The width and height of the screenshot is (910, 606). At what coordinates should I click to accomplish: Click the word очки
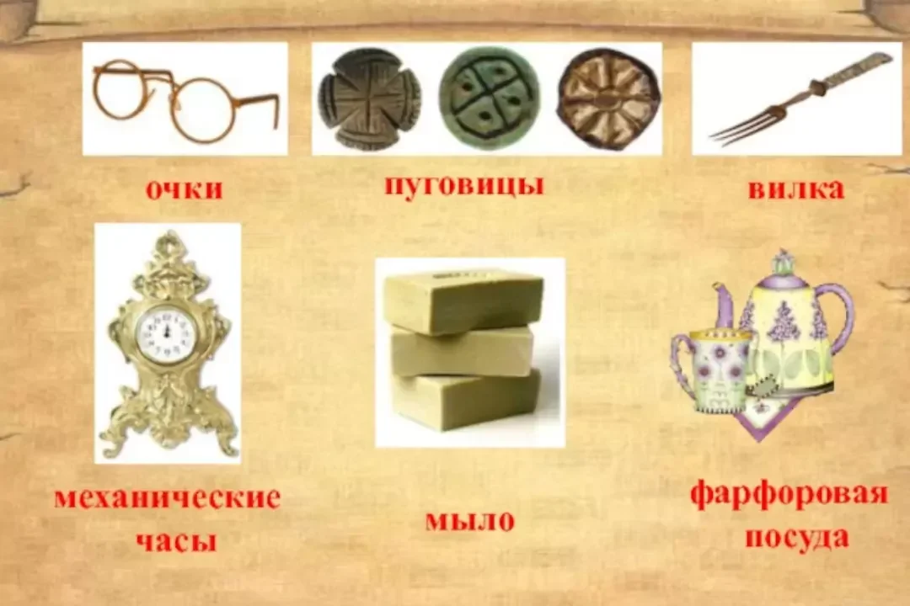point(184,189)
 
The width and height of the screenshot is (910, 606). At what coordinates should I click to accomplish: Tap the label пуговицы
point(463,184)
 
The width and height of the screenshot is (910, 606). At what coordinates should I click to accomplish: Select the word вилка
point(795,189)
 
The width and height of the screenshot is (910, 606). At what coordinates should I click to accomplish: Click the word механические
point(167,497)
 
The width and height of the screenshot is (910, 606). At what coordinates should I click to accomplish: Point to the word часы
point(176,540)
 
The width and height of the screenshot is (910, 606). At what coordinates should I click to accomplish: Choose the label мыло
point(469,520)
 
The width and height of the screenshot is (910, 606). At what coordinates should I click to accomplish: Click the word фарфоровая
point(789,493)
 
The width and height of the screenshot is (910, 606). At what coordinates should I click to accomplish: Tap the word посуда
point(795,536)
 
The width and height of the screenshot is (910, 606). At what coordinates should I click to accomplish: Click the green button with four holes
point(489,98)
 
